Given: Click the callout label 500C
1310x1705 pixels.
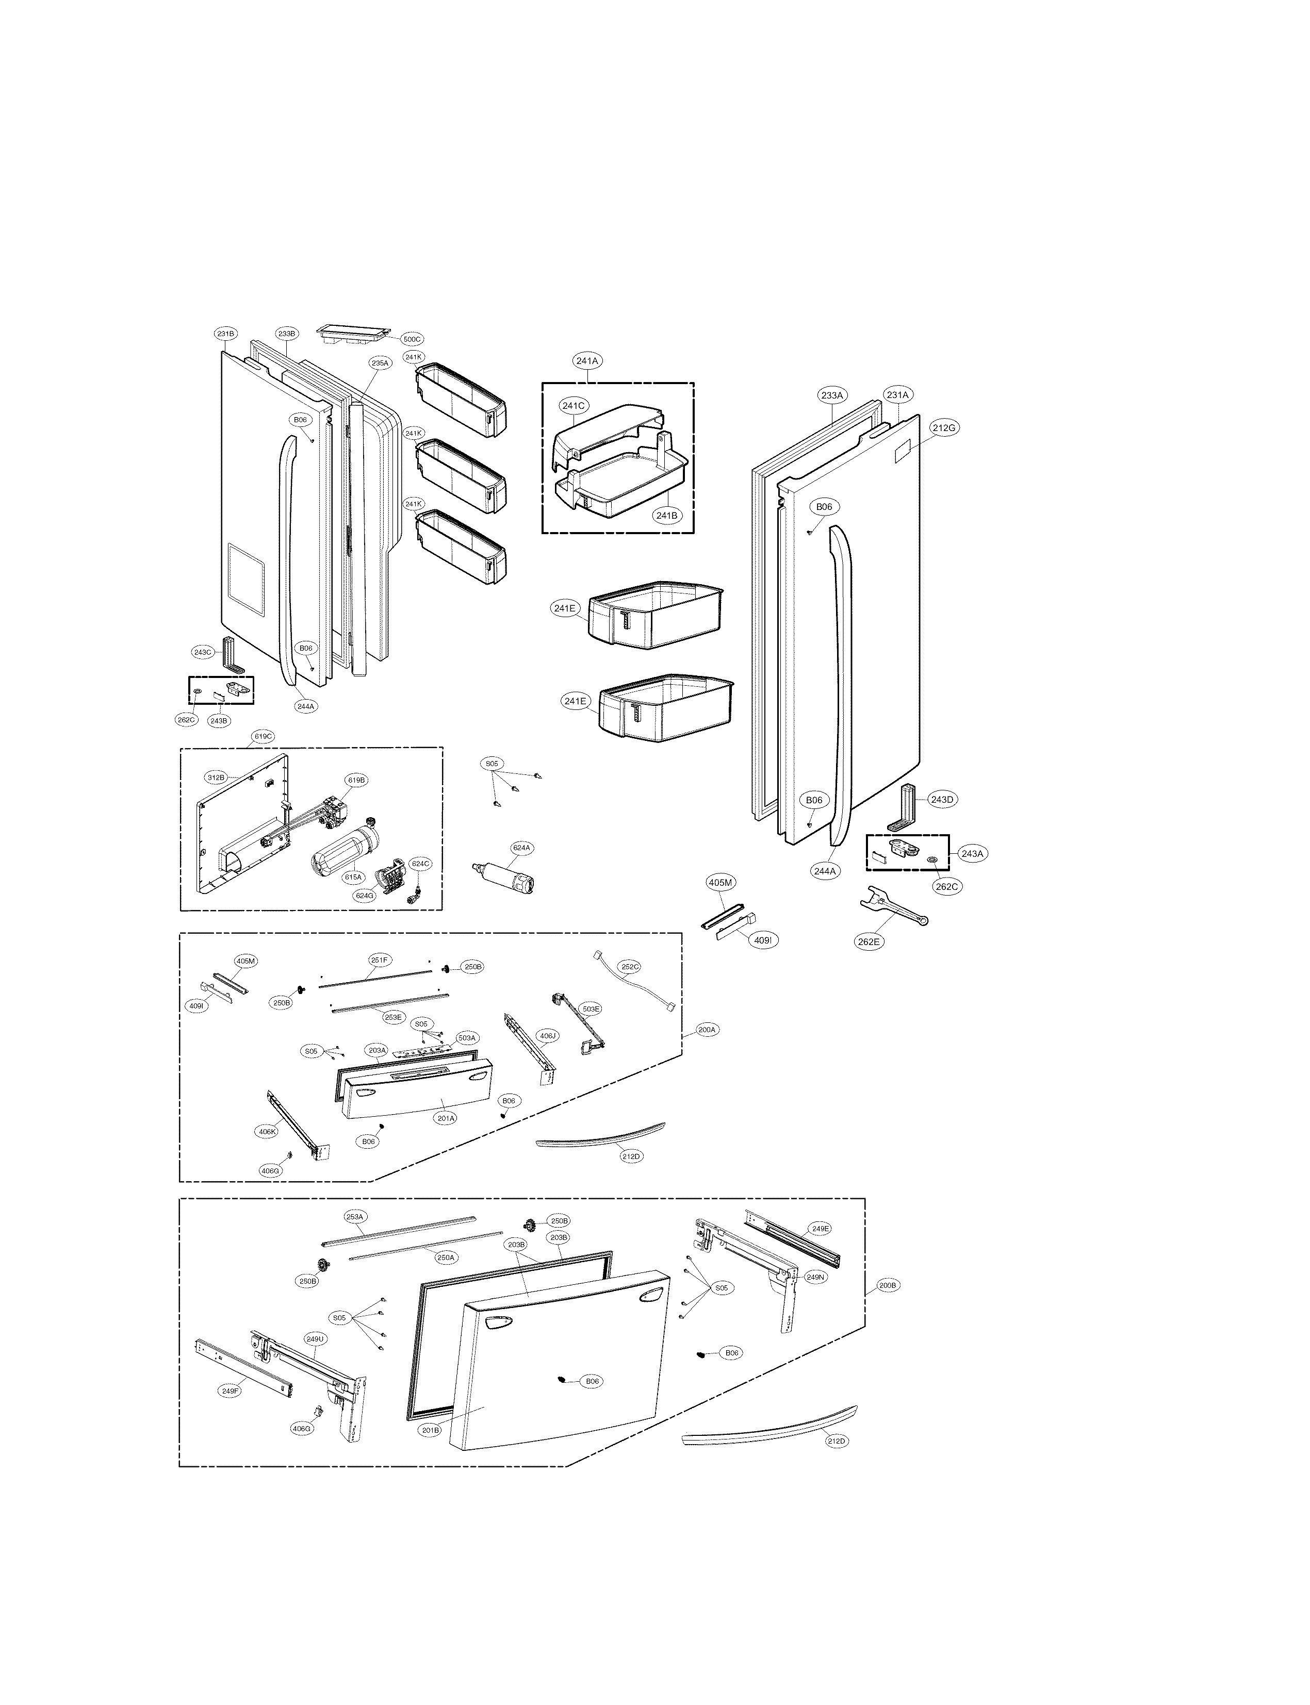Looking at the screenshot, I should [411, 339].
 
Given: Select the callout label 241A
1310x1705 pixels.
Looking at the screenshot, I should [587, 361].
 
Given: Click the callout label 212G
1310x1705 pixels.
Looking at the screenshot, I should [943, 427].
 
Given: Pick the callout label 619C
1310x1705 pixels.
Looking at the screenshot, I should [263, 736].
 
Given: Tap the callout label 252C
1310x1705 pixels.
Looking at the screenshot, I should [630, 967].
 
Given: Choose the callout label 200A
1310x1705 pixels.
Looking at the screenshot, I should [707, 1030].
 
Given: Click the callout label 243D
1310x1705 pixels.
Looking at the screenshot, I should [942, 799].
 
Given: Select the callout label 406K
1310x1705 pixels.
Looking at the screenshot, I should [268, 1131].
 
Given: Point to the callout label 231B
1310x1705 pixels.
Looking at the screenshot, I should [225, 334].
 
